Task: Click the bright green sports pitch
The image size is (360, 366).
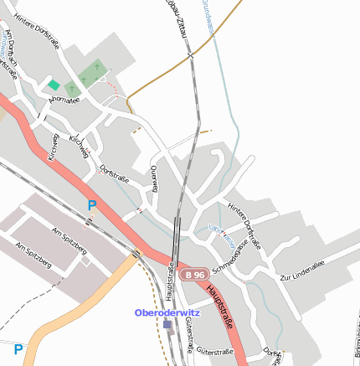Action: point(54,85)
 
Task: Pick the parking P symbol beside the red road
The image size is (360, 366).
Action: point(92,205)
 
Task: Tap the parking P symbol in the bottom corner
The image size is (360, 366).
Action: point(18,348)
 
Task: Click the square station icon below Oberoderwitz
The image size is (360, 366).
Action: point(167,324)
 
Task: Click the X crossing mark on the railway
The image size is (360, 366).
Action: point(191,57)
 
